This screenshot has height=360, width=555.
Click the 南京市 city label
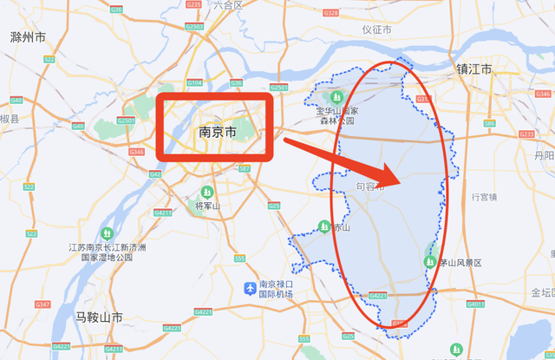click(x=217, y=133)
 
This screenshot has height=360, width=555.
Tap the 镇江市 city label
click(x=473, y=69)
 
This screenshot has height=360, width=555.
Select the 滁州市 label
click(x=28, y=37)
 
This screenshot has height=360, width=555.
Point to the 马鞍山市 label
click(x=97, y=317)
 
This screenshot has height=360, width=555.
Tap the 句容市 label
click(x=370, y=186)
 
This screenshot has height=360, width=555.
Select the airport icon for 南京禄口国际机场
click(x=251, y=286)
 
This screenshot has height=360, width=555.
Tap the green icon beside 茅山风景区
click(x=428, y=262)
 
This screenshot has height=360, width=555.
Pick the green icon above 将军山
click(x=206, y=192)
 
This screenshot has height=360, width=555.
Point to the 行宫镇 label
click(x=485, y=197)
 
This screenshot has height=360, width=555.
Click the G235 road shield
click(x=193, y=4)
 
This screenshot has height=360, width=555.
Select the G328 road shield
click(x=329, y=14)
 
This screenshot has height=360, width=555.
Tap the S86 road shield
click(x=489, y=125)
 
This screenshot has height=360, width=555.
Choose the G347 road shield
click(x=43, y=304)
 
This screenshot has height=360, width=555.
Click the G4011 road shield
click(x=476, y=304)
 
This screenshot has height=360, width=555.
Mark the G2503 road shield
click(x=196, y=27)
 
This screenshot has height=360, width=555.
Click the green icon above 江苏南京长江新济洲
click(x=108, y=233)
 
